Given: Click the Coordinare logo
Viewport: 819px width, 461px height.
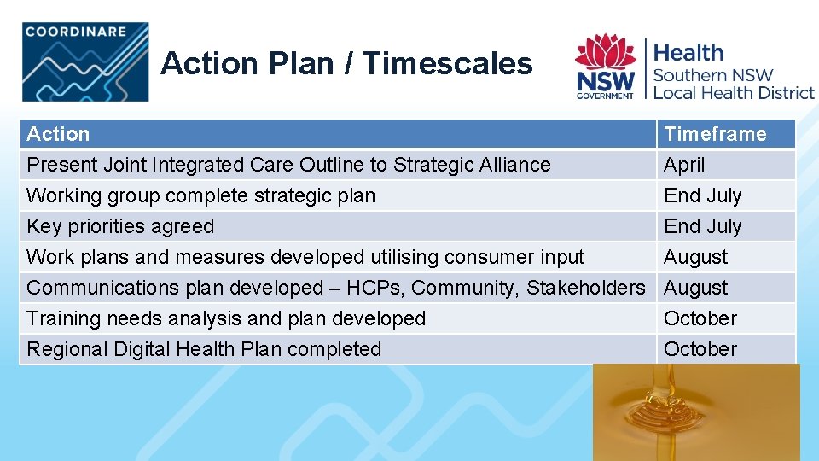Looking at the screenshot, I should [x=85, y=62].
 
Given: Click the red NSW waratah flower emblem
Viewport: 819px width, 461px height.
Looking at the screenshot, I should [x=605, y=52].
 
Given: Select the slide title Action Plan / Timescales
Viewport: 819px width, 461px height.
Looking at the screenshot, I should [x=346, y=63].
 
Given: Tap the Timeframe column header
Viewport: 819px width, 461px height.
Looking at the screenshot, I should [x=715, y=134].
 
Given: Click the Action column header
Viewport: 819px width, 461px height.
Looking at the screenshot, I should [x=58, y=134].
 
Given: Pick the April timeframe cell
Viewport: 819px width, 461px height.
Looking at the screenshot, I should [x=684, y=165].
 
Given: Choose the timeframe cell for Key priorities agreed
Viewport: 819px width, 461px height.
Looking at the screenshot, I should [x=703, y=226].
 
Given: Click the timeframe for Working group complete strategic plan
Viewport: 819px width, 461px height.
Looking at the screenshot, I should [x=703, y=195].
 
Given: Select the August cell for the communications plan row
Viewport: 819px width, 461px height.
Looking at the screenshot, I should [x=696, y=288].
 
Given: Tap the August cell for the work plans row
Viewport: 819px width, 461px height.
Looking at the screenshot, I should [x=696, y=257].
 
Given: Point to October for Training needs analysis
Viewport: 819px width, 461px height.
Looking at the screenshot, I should [x=700, y=318].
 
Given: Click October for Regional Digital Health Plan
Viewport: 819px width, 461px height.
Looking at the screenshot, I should [x=700, y=349].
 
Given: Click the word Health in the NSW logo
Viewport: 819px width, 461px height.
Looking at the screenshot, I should [x=688, y=52].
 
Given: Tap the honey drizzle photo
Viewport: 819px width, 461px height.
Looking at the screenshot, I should [x=696, y=412].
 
